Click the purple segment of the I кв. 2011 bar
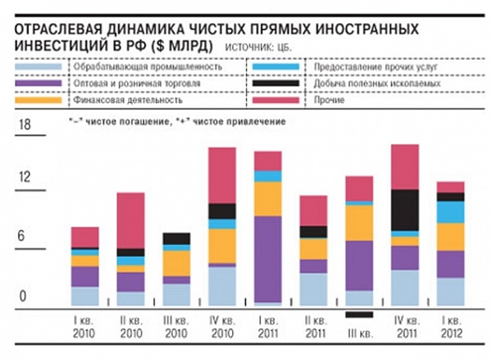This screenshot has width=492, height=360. (x=267, y=258)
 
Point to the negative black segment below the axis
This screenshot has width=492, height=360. (x=358, y=314)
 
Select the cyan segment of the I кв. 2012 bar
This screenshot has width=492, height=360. (x=450, y=212)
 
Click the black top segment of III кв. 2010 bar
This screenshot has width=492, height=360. (x=176, y=239)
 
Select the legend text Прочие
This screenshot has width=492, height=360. (x=327, y=102)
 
